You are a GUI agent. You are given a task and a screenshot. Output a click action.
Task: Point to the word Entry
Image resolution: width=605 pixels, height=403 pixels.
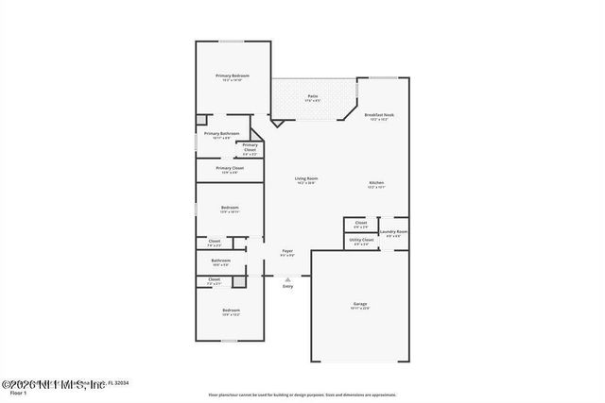pyautogui.click(x=287, y=287)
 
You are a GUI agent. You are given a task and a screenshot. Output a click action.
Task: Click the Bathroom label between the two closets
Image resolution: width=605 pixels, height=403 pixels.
pyautogui.click(x=220, y=261)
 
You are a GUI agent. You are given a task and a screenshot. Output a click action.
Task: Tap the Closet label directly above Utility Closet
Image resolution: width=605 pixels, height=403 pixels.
pyautogui.click(x=361, y=225)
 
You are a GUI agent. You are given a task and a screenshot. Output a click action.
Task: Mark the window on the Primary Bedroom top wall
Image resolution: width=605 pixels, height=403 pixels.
pyautogui.click(x=232, y=41)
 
